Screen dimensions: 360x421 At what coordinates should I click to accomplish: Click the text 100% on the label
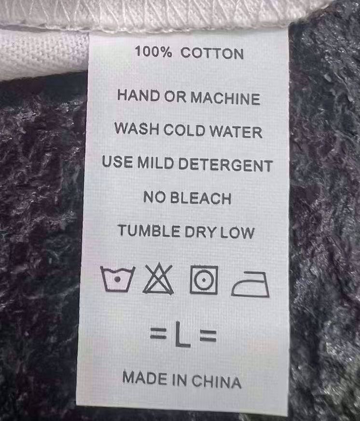click(153, 51)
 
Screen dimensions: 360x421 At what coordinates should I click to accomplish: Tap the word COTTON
click(212, 53)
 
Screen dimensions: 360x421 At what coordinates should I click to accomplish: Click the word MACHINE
click(225, 98)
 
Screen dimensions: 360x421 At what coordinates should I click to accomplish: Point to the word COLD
click(184, 130)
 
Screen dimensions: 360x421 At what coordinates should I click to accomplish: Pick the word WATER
click(235, 132)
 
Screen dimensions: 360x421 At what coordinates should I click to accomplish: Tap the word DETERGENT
click(225, 165)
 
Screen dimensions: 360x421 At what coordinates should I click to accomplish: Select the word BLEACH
click(201, 198)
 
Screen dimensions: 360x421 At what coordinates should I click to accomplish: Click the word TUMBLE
click(149, 231)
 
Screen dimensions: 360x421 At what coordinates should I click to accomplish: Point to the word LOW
click(237, 233)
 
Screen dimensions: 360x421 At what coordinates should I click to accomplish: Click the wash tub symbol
click(118, 279)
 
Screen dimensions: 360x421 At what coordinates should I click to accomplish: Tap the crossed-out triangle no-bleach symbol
click(158, 279)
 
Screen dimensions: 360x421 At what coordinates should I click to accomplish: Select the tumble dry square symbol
click(204, 280)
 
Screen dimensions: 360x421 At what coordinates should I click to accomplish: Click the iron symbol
click(250, 284)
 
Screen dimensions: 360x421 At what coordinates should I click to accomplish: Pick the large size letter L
click(182, 335)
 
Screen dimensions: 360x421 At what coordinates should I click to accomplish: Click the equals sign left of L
click(158, 333)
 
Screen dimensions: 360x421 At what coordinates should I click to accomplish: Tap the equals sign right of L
click(208, 336)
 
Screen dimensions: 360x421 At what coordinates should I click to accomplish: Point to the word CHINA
click(216, 381)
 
